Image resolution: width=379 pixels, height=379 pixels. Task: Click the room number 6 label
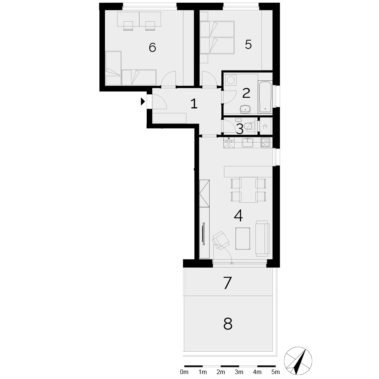pos(152,47)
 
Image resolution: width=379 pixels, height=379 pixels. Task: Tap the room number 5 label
pos(248,44)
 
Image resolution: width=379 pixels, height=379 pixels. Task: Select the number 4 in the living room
pos(238,216)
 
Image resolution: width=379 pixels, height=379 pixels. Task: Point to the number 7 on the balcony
pos(227,283)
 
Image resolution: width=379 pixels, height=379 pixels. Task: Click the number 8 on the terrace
pos(228,324)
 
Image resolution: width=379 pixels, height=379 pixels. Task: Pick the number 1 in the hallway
pos(194,104)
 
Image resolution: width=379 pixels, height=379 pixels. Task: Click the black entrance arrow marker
pos(143,101)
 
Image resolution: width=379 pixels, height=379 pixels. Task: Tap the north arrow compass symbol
pos(298,361)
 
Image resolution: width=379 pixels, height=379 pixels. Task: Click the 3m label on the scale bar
pos(239,372)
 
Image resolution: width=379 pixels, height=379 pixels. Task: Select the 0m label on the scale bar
pos(184,372)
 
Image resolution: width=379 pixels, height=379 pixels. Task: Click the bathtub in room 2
pos(265,97)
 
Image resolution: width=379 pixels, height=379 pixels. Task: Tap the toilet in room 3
pos(249,126)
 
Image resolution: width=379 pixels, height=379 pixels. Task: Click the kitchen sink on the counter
pos(248,143)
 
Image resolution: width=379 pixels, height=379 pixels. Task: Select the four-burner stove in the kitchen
pos(265,143)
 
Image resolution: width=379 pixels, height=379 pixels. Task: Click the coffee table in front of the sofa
pos(243,238)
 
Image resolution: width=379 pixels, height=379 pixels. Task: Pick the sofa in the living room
pos(263,238)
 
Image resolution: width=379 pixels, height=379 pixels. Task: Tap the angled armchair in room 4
pos(221,240)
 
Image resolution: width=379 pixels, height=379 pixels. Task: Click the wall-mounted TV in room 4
pos(204,234)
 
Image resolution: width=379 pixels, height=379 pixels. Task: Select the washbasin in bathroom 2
pos(245,110)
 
